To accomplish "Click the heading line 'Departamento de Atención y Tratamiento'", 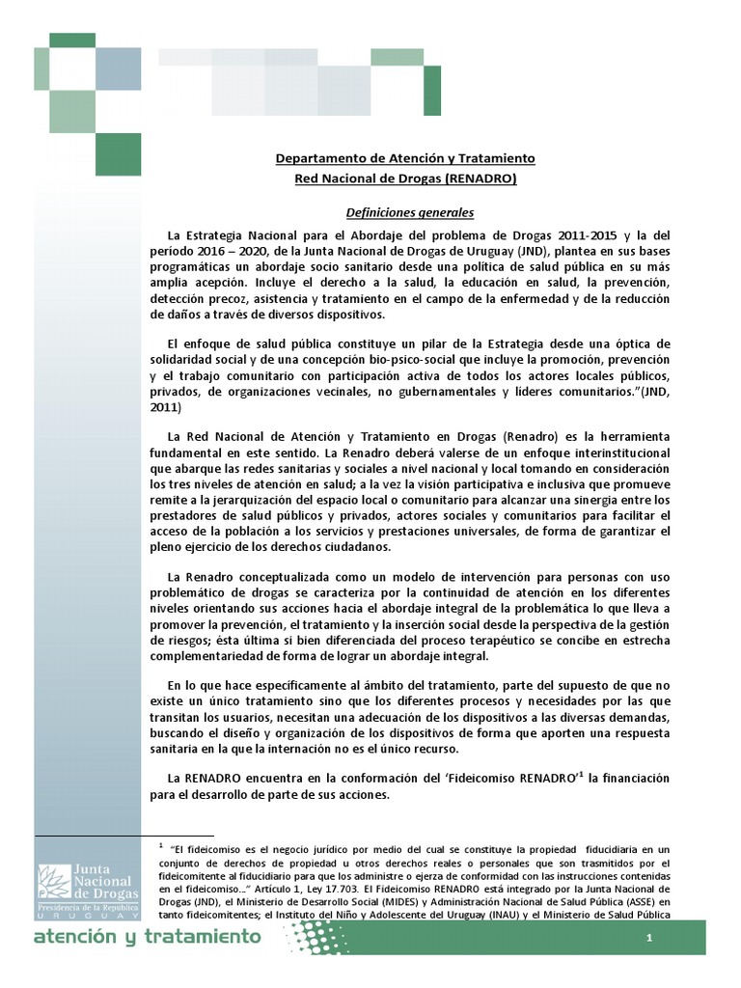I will [x=405, y=158].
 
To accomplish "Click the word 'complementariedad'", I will [x=206, y=656].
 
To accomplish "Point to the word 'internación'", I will [x=370, y=748].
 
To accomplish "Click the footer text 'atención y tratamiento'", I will [x=147, y=937].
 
